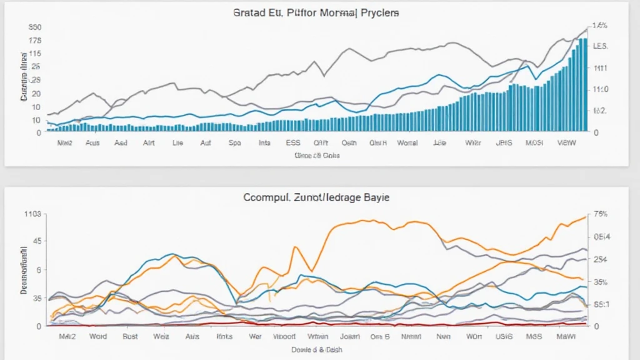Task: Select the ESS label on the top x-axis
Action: tap(292, 142)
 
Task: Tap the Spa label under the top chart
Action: tap(235, 142)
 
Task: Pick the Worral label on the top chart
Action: tap(407, 142)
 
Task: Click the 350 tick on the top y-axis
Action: tap(34, 27)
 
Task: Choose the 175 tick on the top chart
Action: tap(34, 41)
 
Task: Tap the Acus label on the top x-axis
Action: tap(92, 142)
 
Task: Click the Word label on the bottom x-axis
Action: tap(97, 336)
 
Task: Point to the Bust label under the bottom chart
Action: tap(130, 336)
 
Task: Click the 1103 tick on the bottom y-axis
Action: tap(32, 214)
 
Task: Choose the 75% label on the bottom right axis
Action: tap(600, 214)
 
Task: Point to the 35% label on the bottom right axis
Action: tap(600, 282)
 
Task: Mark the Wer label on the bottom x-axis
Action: tap(255, 336)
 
